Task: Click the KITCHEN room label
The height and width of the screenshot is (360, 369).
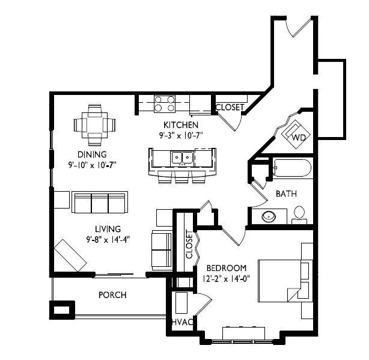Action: [x=181, y=124]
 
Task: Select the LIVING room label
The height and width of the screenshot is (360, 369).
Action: [x=108, y=229]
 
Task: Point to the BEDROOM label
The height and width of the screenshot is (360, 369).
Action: [x=227, y=268]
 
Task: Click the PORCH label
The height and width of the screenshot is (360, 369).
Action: [x=112, y=295]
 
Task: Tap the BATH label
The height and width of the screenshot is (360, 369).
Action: [x=286, y=194]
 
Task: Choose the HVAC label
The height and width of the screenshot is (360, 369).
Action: [x=183, y=322]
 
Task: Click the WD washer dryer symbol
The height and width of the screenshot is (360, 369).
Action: [x=296, y=134]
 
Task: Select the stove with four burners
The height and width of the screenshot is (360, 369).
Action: [x=165, y=104]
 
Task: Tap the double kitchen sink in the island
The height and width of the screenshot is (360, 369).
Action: [x=182, y=157]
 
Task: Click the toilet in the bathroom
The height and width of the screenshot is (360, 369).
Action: [x=299, y=215]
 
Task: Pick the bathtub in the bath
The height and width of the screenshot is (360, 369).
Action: [x=292, y=168]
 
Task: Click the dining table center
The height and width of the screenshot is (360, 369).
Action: [x=94, y=125]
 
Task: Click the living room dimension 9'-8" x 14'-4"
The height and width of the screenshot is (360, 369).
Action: [x=108, y=240]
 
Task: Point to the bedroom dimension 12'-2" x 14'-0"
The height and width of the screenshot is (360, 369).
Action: [x=226, y=279]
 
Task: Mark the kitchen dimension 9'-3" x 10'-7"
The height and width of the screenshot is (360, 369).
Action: [x=181, y=135]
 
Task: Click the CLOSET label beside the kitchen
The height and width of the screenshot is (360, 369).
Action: [x=230, y=107]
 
